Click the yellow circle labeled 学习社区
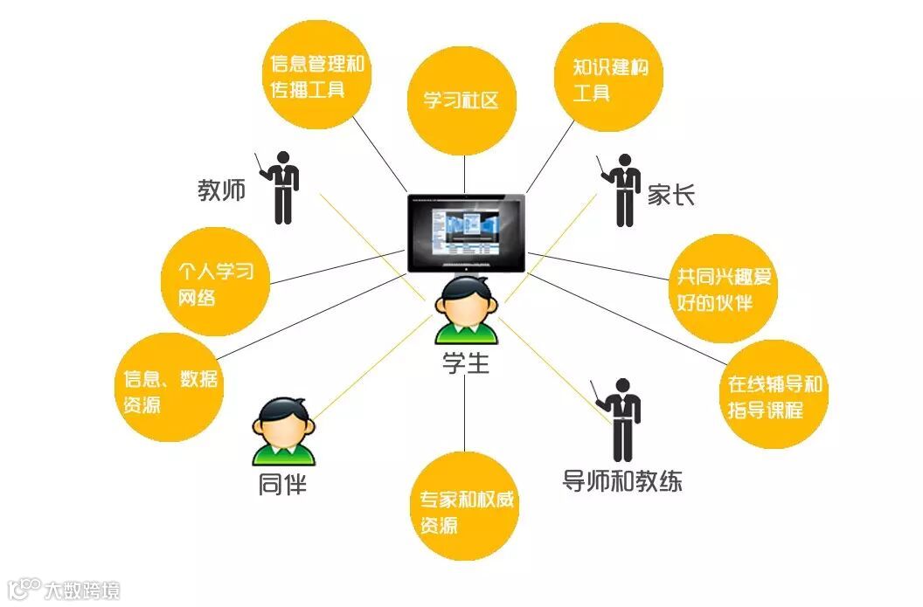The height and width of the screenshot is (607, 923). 463,100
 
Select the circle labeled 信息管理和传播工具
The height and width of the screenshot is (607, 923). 318,75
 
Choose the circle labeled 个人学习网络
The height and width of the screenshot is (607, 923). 216,284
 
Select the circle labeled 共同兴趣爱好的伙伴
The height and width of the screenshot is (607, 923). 721,289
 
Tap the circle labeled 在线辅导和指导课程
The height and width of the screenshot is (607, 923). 774,396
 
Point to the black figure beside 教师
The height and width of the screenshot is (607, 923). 281,186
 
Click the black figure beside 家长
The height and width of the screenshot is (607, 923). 623,189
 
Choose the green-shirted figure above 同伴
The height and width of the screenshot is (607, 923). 283,431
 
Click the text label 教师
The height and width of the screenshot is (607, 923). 221,190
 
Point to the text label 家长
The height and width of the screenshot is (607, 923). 670,194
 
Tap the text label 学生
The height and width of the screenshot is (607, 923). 465,362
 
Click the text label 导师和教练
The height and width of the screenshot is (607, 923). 622,481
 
